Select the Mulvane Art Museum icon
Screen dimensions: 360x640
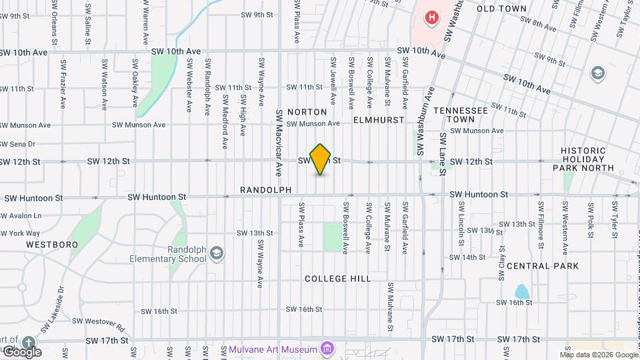(x=327, y=349)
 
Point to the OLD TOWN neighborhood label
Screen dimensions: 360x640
(x=502, y=9)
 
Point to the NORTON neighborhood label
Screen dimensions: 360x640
(x=307, y=112)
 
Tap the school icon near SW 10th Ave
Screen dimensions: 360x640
(x=598, y=72)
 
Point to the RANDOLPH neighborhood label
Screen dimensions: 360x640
(x=266, y=191)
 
